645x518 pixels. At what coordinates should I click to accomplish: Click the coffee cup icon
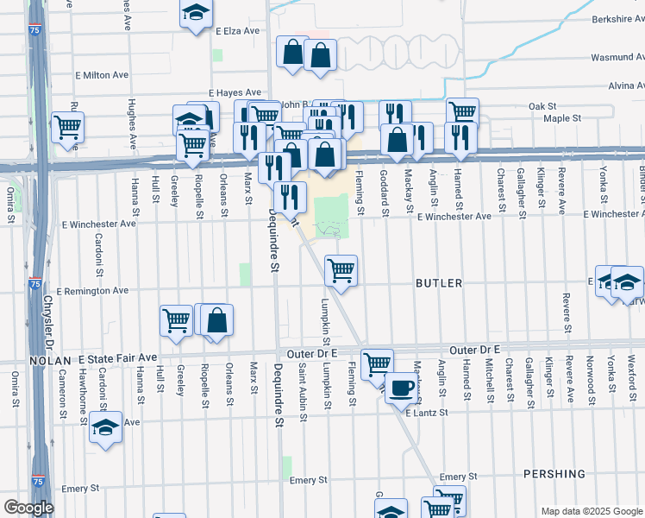tap(401, 388)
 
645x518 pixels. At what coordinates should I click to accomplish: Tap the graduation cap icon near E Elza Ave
tap(196, 14)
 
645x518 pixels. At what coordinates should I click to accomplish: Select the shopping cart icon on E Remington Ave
tap(341, 270)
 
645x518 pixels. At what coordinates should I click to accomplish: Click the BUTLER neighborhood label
tap(439, 283)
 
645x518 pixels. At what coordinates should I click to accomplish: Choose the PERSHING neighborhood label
tap(554, 474)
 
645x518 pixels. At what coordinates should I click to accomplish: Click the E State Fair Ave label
tap(118, 357)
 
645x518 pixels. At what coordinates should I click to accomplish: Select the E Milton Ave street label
tap(101, 75)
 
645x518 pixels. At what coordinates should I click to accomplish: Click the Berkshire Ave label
tap(618, 18)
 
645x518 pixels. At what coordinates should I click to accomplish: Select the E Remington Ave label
tap(92, 292)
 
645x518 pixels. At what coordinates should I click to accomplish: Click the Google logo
tap(28, 509)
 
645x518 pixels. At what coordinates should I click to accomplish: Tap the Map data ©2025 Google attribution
tap(592, 511)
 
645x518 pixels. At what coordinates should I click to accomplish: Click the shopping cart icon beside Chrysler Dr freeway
tap(66, 128)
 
